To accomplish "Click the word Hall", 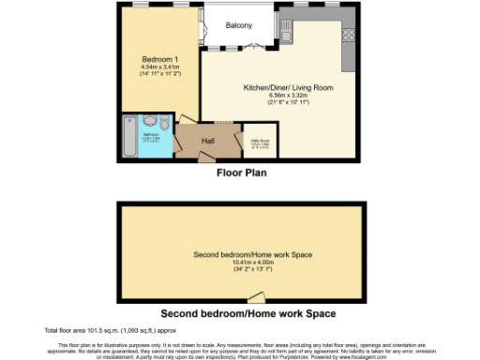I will pos(208,141).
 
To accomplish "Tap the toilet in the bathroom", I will pos(165,124).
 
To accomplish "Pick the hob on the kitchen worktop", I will pos(349,36).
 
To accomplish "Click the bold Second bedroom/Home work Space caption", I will pos(248,312).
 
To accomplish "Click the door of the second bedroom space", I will pos(247,296).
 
